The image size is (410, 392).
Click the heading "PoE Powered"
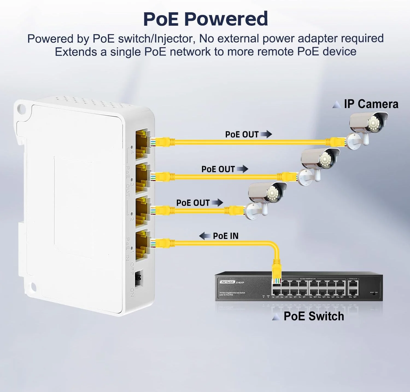tap(205, 19)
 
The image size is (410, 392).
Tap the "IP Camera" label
tap(371, 104)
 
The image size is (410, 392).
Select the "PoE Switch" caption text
tap(314, 316)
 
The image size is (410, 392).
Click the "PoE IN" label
tap(225, 236)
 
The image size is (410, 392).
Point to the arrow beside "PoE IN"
tap(204, 236)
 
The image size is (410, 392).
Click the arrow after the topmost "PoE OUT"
tap(266, 134)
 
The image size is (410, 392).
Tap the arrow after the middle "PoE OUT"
tap(242, 169)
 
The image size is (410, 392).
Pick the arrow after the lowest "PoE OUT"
tap(217, 203)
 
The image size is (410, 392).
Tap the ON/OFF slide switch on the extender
tap(139, 278)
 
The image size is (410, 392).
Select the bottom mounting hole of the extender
tap(33, 287)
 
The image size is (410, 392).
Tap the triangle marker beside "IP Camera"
tap(336, 104)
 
